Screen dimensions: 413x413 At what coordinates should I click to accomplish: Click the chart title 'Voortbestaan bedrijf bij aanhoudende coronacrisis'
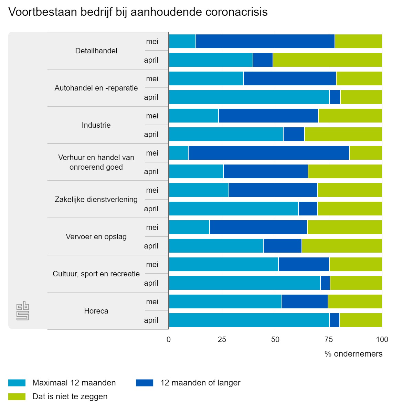138,12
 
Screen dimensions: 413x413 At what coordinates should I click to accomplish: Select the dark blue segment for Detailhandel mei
265,41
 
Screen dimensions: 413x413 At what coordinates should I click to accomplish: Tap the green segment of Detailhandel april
327,60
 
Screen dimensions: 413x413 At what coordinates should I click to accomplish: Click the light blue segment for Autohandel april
249,97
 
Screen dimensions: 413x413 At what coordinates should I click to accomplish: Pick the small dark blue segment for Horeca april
334,320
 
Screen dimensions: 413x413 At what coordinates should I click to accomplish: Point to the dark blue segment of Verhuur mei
268,153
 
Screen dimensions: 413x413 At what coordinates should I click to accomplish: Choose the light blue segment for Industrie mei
193,116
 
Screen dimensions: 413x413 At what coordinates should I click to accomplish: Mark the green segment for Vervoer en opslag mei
345,227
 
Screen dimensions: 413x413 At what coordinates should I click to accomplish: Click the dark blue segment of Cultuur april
325,283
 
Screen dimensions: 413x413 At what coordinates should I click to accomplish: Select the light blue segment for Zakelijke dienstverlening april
233,209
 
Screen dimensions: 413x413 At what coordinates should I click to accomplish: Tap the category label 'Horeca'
96,311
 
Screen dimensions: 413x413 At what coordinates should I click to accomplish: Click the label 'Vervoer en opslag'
96,237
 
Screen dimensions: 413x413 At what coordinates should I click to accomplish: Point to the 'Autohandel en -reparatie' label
96,88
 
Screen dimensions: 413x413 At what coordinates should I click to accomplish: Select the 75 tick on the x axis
329,340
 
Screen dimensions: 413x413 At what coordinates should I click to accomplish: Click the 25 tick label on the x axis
222,340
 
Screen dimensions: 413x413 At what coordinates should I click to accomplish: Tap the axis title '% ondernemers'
353,354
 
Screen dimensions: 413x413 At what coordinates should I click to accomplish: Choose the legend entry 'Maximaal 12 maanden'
74,383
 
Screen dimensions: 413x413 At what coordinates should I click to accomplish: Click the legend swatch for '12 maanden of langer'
145,383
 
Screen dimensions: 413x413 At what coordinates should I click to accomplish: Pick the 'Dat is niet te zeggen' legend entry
70,396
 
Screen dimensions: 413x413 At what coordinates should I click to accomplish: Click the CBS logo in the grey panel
23,311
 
